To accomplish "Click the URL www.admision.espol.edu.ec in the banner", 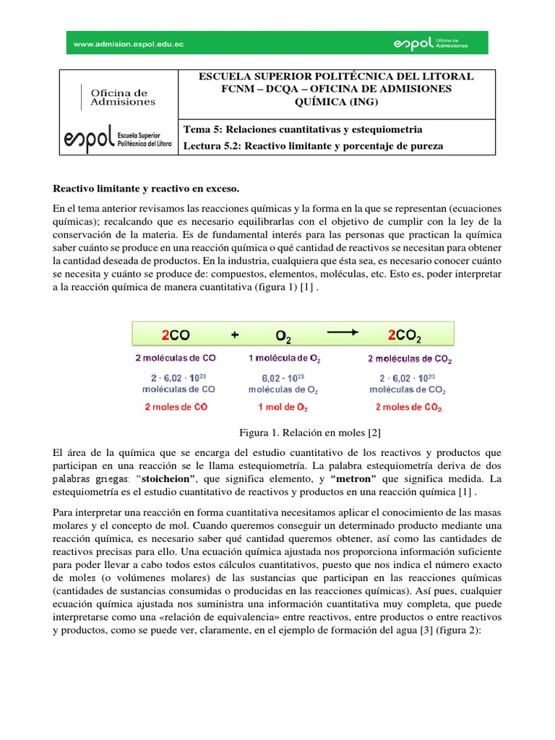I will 129,44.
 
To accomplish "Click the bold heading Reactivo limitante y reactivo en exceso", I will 147,188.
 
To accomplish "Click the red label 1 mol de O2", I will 283,407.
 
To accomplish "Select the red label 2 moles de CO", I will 176,406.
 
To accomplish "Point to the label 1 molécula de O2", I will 284,358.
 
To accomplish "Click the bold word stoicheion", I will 171,479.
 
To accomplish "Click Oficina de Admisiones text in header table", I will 122,98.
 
